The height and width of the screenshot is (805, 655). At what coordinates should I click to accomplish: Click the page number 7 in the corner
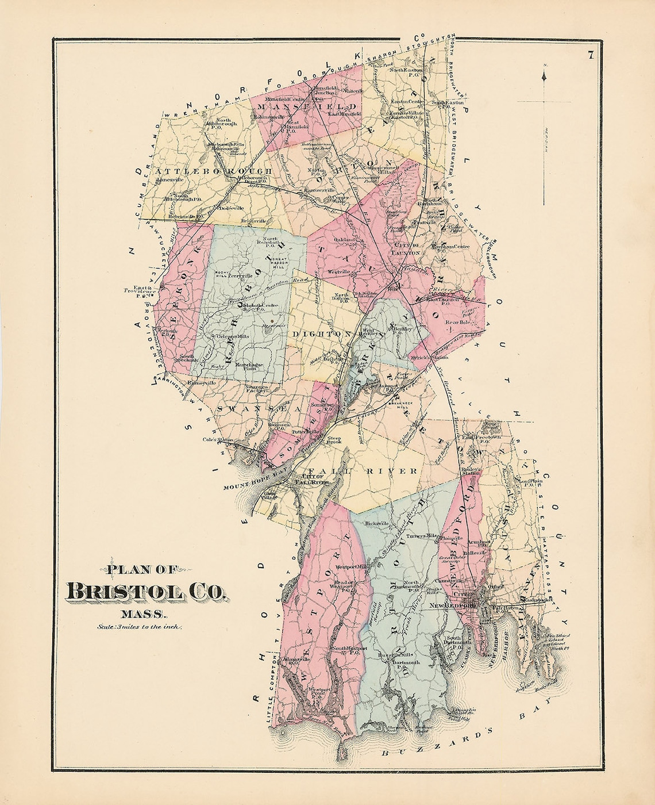[589, 56]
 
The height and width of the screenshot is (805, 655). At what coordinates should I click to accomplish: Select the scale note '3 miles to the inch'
[140, 627]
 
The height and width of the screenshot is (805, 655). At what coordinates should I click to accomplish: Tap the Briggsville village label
[255, 220]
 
